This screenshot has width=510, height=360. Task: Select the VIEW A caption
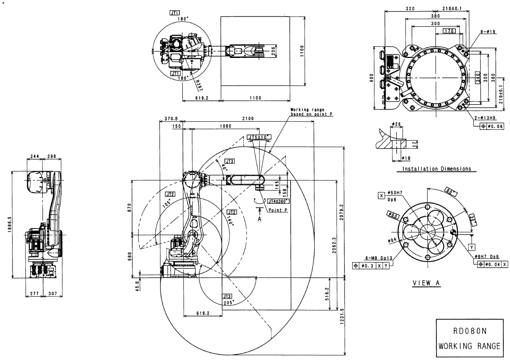point(426,282)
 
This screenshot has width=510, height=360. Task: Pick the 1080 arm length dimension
point(225,127)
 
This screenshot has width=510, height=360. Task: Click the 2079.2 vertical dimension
point(341,210)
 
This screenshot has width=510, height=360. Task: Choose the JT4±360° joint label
point(278,201)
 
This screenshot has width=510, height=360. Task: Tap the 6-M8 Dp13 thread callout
point(366,258)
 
